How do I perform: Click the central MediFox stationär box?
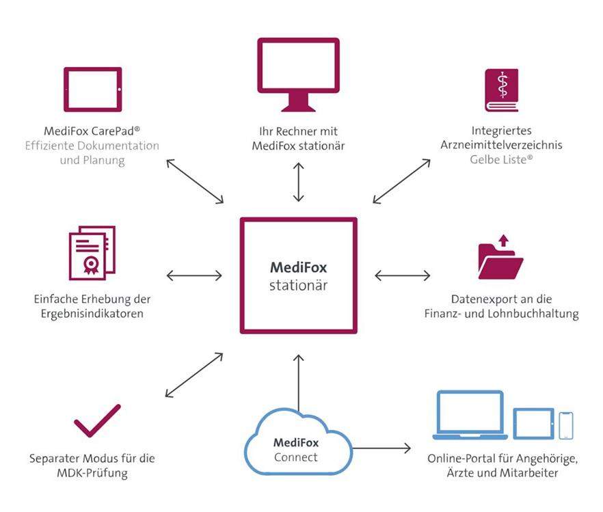coord(298,275)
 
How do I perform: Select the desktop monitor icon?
coord(298,72)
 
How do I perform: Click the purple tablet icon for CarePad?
coord(92,90)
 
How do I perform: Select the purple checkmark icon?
coord(97,420)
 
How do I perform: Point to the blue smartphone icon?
coord(565,425)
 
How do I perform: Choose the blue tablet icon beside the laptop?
coord(533,423)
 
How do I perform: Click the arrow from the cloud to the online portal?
coord(381,448)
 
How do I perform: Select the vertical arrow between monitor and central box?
coord(298,183)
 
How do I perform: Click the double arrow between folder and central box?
coord(403,275)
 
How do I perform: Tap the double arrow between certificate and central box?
coord(194,275)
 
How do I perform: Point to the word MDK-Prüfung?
coord(92,473)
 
